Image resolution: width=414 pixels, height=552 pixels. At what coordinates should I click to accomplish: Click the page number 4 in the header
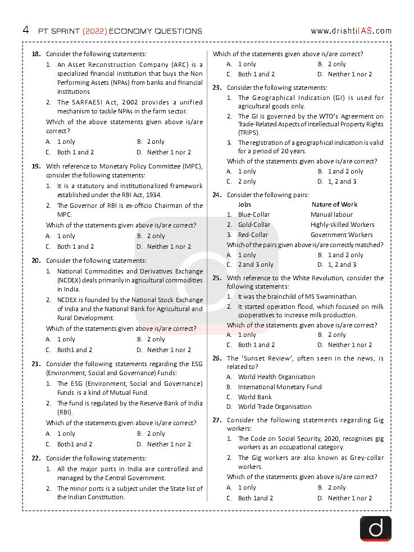(26, 30)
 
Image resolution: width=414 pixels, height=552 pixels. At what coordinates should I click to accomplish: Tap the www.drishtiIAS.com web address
(351, 31)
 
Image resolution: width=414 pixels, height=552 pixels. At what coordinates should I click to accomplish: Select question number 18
(36, 54)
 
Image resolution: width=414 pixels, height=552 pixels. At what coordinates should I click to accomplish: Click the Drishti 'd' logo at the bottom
(375, 528)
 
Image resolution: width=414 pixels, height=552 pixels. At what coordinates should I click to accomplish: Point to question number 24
(217, 195)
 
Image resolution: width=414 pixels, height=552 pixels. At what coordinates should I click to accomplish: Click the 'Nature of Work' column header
(334, 204)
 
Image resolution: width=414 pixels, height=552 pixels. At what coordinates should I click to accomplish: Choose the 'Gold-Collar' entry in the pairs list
(254, 225)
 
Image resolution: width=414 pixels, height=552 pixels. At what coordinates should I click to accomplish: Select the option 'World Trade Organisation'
(275, 407)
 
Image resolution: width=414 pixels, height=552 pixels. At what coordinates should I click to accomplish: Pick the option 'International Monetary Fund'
(280, 387)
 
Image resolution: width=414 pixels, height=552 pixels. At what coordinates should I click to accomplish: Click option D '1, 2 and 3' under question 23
(342, 181)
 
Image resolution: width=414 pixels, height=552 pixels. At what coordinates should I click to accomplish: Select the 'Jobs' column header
(244, 204)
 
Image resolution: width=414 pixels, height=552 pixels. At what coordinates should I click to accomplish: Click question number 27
(217, 420)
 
